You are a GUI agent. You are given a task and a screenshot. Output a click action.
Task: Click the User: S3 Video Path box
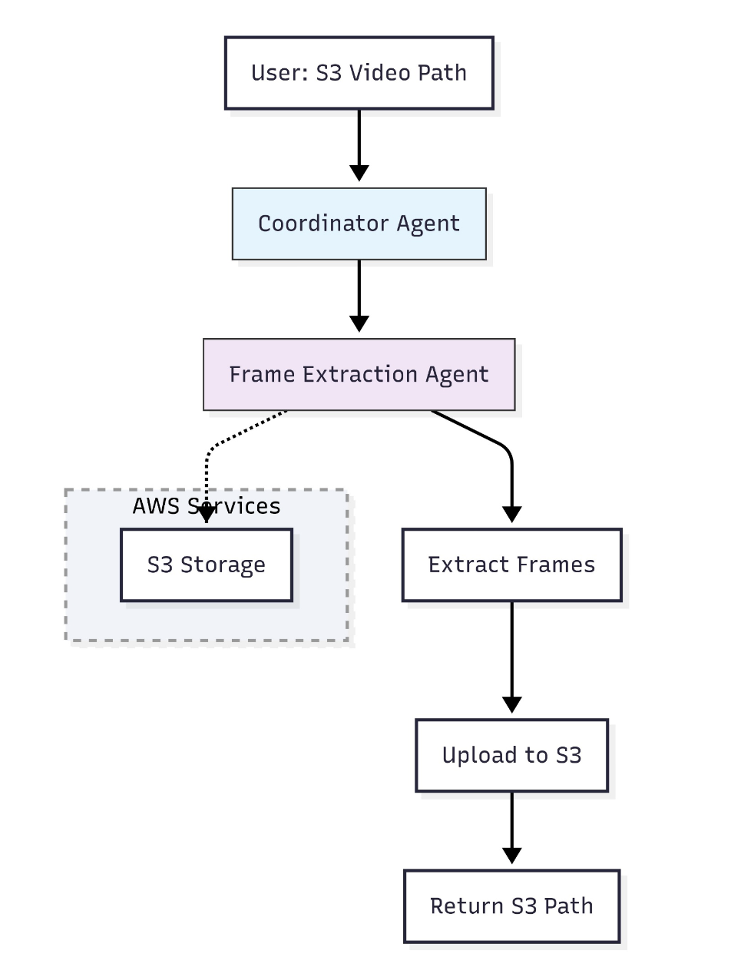(x=359, y=73)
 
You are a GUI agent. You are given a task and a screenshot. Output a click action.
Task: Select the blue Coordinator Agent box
(x=359, y=224)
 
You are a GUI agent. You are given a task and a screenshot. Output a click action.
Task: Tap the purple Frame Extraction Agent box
(x=359, y=374)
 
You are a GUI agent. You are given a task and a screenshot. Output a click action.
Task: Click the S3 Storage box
(x=207, y=565)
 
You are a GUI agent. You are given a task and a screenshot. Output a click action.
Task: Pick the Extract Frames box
(x=511, y=565)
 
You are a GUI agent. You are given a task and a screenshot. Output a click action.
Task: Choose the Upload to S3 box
(x=511, y=755)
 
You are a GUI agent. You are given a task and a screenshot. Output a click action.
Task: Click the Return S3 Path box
(x=511, y=906)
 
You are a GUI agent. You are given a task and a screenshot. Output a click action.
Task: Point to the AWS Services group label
(x=207, y=506)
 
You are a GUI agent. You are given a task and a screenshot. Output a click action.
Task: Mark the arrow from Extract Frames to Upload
(x=511, y=653)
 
